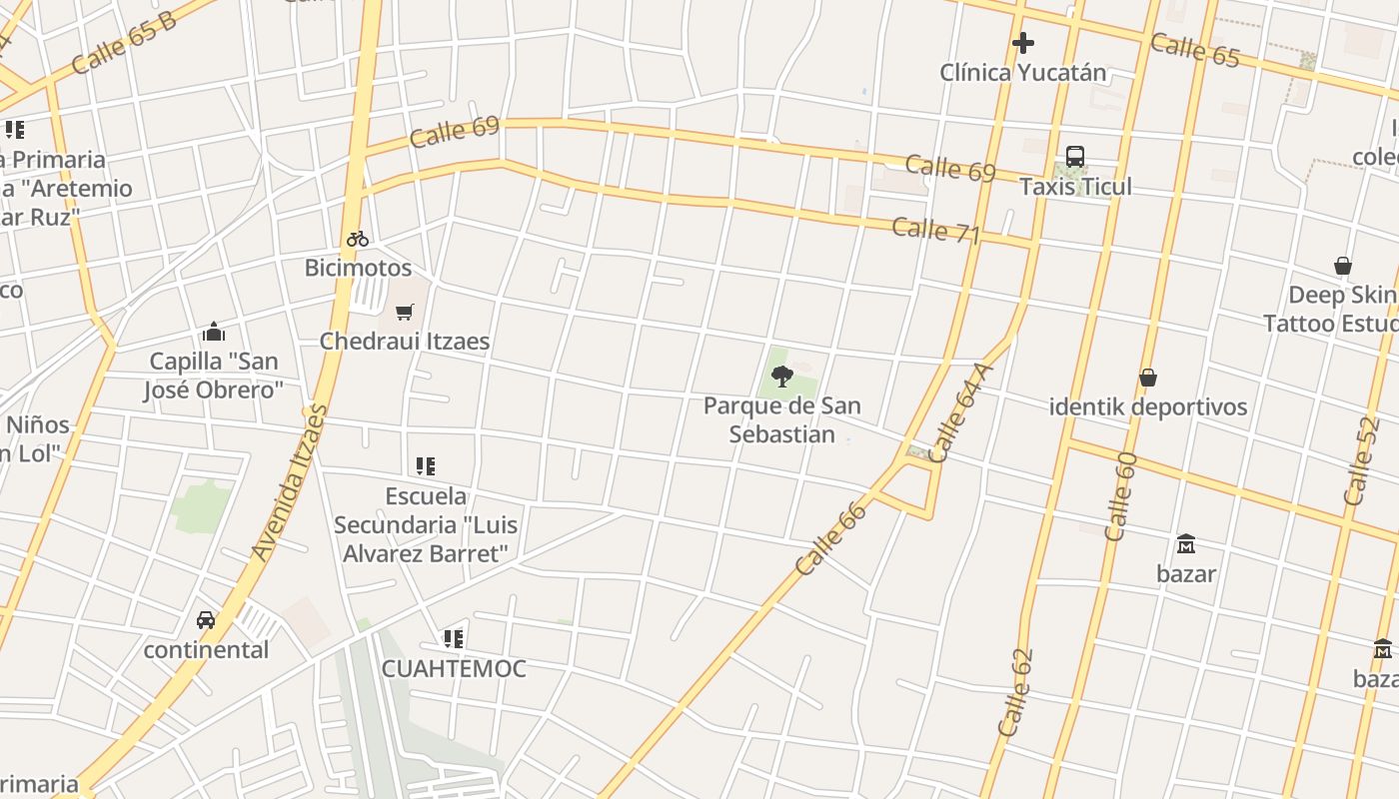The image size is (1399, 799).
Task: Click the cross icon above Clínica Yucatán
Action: (1022, 43)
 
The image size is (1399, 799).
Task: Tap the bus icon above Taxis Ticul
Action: (1075, 157)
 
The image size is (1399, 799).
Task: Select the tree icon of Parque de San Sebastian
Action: (782, 377)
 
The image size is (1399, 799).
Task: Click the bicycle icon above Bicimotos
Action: (358, 239)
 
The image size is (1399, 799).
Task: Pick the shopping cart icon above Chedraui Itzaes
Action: (405, 312)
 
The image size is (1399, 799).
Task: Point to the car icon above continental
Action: (206, 620)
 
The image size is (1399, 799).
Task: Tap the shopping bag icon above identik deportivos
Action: (1148, 378)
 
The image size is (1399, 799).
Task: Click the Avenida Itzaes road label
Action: (290, 481)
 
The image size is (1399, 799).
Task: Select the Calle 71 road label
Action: (935, 230)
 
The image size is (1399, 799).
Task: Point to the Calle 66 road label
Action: (831, 538)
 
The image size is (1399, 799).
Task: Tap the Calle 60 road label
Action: (1121, 496)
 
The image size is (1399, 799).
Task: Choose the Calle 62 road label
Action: (1016, 693)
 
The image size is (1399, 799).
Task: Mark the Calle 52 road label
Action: (1361, 460)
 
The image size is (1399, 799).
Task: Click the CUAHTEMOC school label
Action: (454, 668)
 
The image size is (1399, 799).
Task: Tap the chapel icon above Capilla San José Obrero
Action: (213, 332)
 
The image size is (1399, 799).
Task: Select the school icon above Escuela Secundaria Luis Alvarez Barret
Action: (426, 466)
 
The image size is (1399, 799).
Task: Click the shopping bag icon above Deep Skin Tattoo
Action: (1343, 266)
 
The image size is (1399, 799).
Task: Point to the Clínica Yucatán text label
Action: (1023, 72)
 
